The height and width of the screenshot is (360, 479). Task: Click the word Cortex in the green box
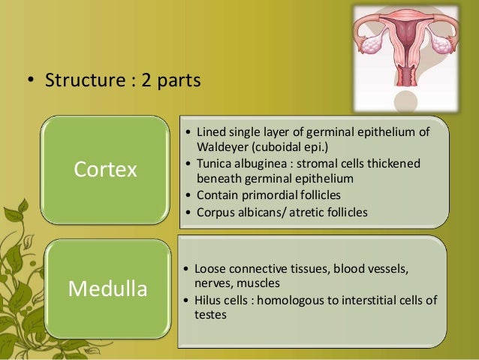(x=105, y=170)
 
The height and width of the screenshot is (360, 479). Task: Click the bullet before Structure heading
(x=29, y=80)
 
